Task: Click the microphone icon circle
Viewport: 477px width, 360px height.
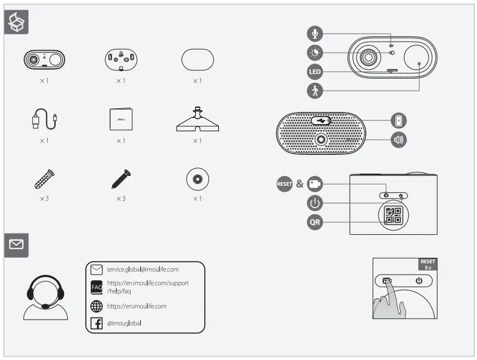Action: click(314, 33)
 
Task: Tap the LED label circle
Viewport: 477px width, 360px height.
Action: click(314, 71)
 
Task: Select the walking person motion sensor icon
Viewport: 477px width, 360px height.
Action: click(314, 91)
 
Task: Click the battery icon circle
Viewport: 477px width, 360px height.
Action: click(399, 120)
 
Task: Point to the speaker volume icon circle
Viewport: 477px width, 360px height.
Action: click(399, 140)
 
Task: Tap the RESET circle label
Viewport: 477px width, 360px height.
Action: click(285, 184)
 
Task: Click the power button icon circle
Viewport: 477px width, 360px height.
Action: click(314, 203)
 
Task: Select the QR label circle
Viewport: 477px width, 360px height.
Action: click(314, 222)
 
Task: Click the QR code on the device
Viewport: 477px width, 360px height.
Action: click(393, 215)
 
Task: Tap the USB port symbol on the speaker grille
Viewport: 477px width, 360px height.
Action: click(321, 120)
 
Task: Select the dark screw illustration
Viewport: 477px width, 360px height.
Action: click(121, 178)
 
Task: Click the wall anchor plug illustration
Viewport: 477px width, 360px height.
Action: click(44, 179)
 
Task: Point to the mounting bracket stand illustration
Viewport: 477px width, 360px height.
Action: click(197, 119)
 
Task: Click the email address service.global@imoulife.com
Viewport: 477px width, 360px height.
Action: click(143, 269)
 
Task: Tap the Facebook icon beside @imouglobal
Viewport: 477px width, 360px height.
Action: click(96, 324)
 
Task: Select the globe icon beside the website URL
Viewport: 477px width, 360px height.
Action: click(96, 306)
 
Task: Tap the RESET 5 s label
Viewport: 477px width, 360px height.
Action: click(427, 264)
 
